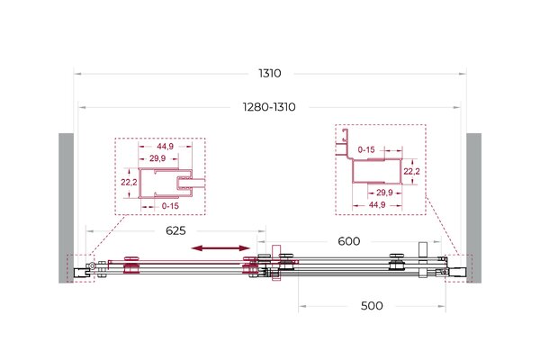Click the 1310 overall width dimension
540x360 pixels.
coord(270,74)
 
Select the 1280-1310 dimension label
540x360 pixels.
coord(269,107)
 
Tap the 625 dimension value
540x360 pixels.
coord(175,230)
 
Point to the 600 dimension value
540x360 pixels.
coord(349,241)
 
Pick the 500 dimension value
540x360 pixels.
coord(372,306)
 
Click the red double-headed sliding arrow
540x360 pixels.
coord(220,248)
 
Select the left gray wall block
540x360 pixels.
coord(66,208)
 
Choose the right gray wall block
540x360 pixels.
coord(474,208)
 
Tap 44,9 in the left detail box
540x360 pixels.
coord(166,147)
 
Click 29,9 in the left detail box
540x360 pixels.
coord(157,158)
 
